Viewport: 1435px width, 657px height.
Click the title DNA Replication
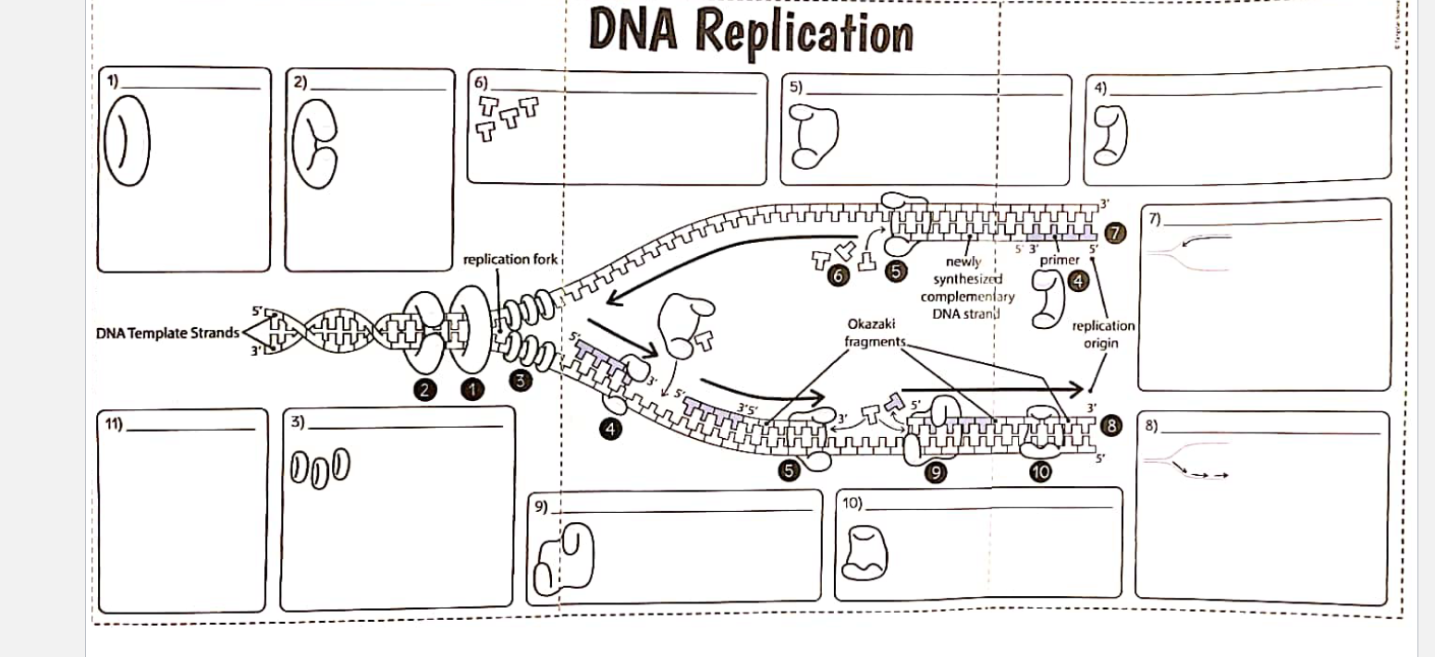pyautogui.click(x=750, y=30)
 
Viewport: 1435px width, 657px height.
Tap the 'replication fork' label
pyautogui.click(x=510, y=260)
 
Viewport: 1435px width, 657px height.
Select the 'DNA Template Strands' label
pyautogui.click(x=167, y=333)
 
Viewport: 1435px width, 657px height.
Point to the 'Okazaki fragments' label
pyautogui.click(x=870, y=334)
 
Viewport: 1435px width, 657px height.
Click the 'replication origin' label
pyautogui.click(x=1103, y=335)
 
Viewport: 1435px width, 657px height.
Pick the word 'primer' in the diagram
pyautogui.click(x=1059, y=261)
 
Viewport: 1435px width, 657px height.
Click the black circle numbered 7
pyautogui.click(x=1116, y=234)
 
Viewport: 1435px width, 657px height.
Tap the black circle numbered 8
pyautogui.click(x=1111, y=426)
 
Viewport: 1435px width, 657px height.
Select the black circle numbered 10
pyautogui.click(x=1040, y=472)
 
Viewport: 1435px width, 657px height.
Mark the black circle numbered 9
pyautogui.click(x=936, y=472)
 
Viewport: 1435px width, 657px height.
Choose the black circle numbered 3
pyautogui.click(x=521, y=380)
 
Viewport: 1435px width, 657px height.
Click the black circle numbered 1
pyautogui.click(x=472, y=390)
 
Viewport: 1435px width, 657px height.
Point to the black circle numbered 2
pyautogui.click(x=425, y=390)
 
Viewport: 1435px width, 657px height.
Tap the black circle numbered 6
pyautogui.click(x=839, y=275)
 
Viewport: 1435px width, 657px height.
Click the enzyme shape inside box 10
pyautogui.click(x=868, y=552)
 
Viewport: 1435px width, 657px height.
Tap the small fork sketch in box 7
pyautogui.click(x=1189, y=249)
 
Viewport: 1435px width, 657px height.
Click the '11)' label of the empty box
pyautogui.click(x=114, y=425)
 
